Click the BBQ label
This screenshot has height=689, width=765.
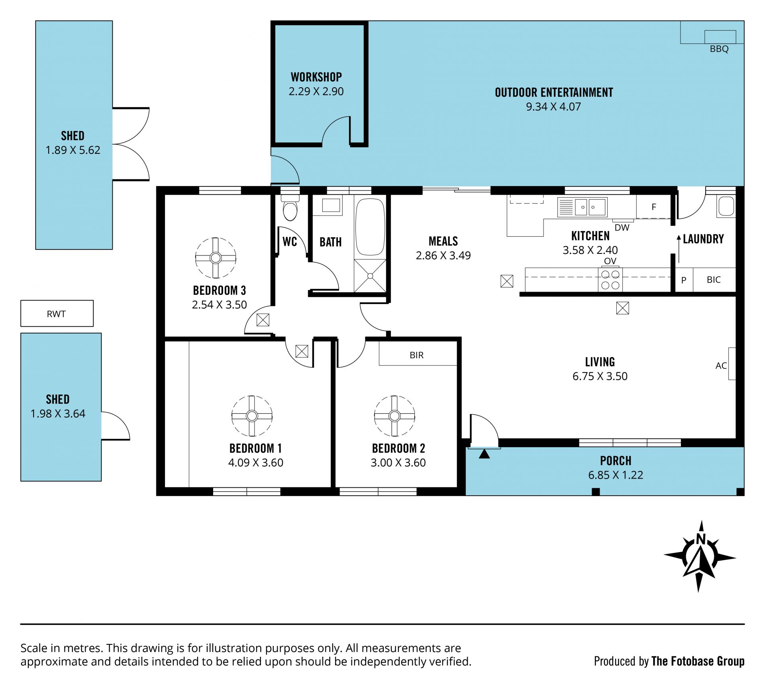[719, 49]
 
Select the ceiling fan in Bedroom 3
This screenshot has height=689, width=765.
[216, 258]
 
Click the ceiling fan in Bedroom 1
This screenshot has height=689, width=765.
[252, 416]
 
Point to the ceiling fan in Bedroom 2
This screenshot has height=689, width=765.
[394, 416]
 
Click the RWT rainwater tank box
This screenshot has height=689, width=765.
[57, 314]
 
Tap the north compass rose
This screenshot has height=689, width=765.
[700, 557]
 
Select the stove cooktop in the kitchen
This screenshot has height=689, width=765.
[610, 280]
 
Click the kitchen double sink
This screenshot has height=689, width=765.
[583, 207]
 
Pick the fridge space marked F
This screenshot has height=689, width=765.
[653, 207]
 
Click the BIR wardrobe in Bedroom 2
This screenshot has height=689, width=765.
[418, 353]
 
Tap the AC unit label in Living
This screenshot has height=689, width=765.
[721, 365]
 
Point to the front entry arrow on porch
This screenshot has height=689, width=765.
[484, 454]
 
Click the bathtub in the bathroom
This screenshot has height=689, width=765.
[370, 227]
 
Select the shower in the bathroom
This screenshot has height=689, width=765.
[370, 276]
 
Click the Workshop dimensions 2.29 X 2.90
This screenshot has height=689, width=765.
[316, 91]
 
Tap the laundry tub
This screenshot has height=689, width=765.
[726, 206]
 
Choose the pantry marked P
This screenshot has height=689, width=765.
[684, 280]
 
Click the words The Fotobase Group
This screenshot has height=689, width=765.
[698, 661]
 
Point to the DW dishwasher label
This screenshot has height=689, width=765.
[622, 228]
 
